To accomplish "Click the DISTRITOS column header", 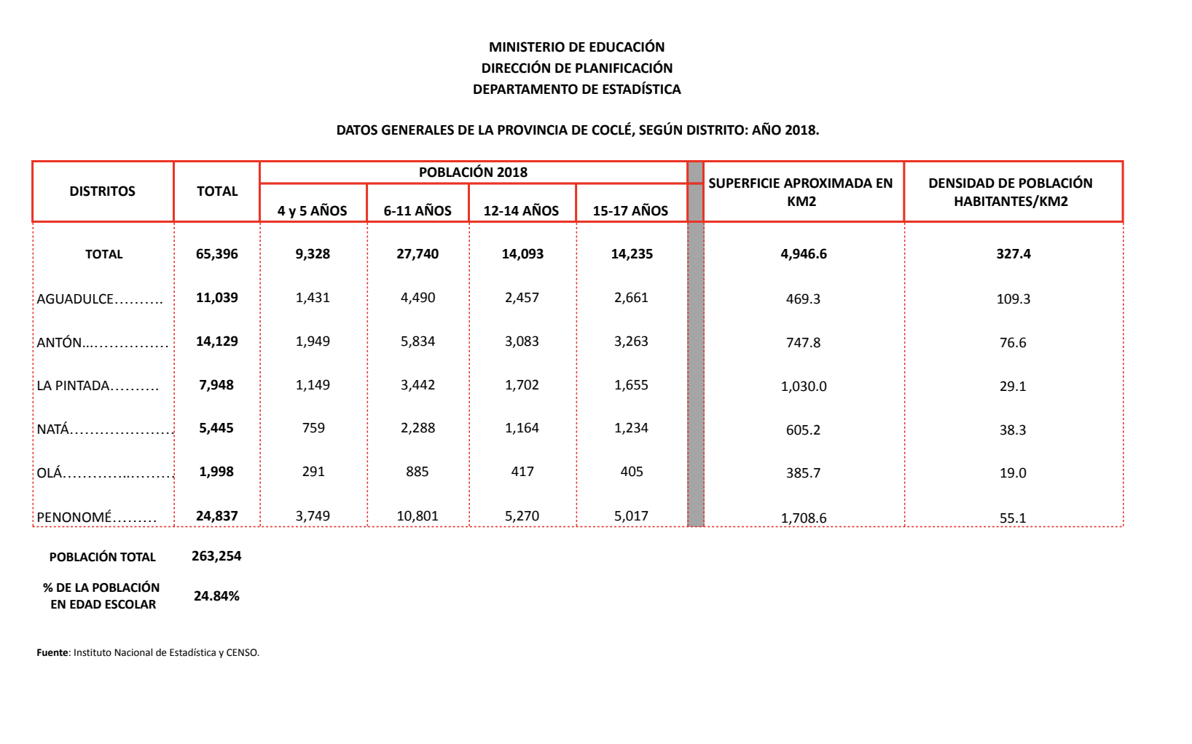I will [103, 191].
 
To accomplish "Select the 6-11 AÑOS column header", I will [417, 211].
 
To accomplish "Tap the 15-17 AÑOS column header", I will [630, 211].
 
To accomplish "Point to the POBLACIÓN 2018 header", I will [473, 173].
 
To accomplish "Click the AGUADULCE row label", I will [76, 298].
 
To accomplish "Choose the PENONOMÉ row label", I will [74, 517].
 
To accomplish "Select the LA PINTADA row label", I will [74, 386].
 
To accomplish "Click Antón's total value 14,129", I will [217, 341].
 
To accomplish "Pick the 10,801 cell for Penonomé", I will [417, 516].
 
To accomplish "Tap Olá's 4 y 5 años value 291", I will [313, 472].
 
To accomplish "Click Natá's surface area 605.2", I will [803, 430].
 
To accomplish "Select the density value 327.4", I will [1013, 254].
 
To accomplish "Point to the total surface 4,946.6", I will [804, 254].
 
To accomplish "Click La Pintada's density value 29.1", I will [1013, 387].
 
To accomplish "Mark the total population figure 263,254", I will [216, 556].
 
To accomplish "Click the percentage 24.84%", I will [216, 596].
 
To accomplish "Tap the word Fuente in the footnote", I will [52, 653].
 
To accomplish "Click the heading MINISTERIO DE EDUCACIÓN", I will [576, 47].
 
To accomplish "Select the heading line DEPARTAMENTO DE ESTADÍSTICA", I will [576, 90].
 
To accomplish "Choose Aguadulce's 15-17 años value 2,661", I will [631, 298].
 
